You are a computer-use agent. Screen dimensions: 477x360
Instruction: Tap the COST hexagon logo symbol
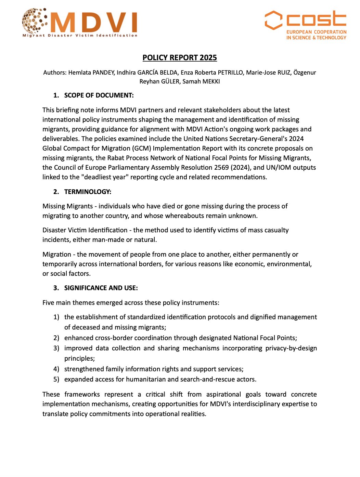273,20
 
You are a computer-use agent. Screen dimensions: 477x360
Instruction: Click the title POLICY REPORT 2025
180,57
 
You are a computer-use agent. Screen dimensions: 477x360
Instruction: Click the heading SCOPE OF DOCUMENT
99,95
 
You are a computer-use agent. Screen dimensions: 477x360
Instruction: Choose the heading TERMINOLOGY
88,192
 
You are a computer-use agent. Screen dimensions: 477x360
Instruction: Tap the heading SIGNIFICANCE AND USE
101,288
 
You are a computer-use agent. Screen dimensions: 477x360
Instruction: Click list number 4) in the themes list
56,369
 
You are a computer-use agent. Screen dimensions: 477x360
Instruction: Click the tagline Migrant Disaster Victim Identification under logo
80,35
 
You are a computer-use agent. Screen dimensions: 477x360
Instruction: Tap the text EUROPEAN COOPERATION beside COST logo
316,32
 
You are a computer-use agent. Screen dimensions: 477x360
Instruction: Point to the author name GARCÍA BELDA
157,73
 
